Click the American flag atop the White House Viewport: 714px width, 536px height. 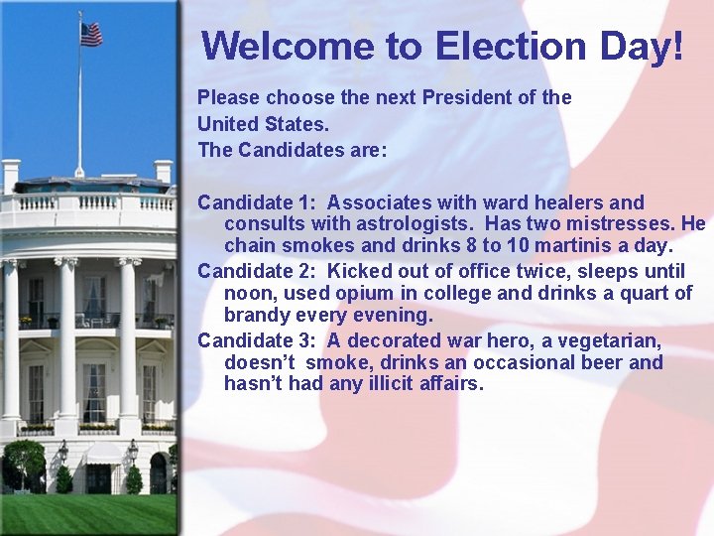(x=91, y=34)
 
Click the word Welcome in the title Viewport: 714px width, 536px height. (x=264, y=46)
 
